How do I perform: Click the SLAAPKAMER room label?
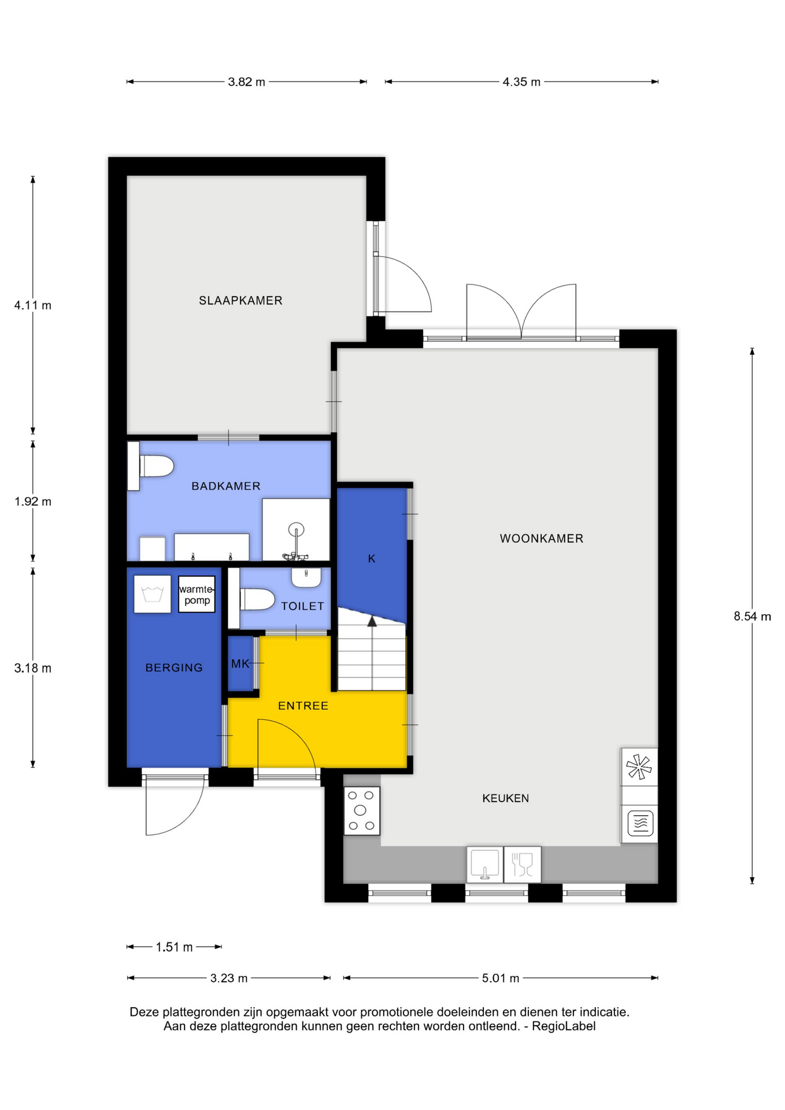click(x=240, y=301)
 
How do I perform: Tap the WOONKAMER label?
click(x=542, y=539)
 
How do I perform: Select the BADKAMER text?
click(x=226, y=486)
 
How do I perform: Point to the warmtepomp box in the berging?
click(x=197, y=594)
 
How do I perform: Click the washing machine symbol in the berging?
click(x=153, y=594)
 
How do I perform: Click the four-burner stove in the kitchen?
click(x=362, y=811)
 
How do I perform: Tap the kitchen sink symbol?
click(x=485, y=864)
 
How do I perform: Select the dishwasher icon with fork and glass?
click(x=523, y=864)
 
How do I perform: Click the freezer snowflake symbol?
click(x=639, y=767)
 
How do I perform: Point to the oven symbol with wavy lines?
click(x=640, y=823)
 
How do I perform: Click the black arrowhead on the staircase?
click(x=372, y=621)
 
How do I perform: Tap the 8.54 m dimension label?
click(x=752, y=616)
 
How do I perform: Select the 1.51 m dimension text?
click(x=174, y=947)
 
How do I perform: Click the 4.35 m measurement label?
click(x=521, y=82)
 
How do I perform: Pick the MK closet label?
click(x=240, y=664)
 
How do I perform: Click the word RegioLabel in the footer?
click(x=563, y=1026)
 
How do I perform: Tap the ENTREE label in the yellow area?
click(x=303, y=706)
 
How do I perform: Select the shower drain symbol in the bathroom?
click(x=296, y=529)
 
